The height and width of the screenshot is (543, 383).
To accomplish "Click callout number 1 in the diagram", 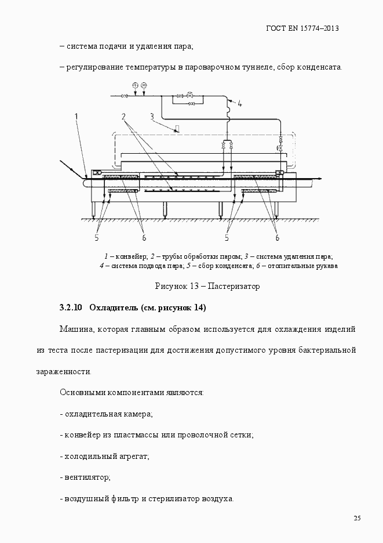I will pos(76,117).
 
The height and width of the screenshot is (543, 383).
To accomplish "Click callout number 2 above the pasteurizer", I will pos(124,117).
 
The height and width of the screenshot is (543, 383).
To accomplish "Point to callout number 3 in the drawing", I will pos(152,116).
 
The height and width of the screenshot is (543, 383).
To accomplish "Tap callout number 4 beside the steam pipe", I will pos(239,104).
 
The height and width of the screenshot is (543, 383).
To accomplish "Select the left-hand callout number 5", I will pos(97,237).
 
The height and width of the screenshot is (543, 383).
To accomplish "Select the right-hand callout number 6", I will pos(277,237).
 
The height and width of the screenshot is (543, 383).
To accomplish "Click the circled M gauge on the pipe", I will pos(144,86).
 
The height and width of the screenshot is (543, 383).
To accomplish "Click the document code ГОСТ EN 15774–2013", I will pos(302,28).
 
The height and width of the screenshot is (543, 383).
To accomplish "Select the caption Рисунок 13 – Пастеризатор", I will pos(207,286).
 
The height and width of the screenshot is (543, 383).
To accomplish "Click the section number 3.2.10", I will pos(71,307).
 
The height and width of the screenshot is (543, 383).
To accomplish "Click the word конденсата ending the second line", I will pos(322,67).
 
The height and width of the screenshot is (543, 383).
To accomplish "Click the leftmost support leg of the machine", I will pos(93,210).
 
